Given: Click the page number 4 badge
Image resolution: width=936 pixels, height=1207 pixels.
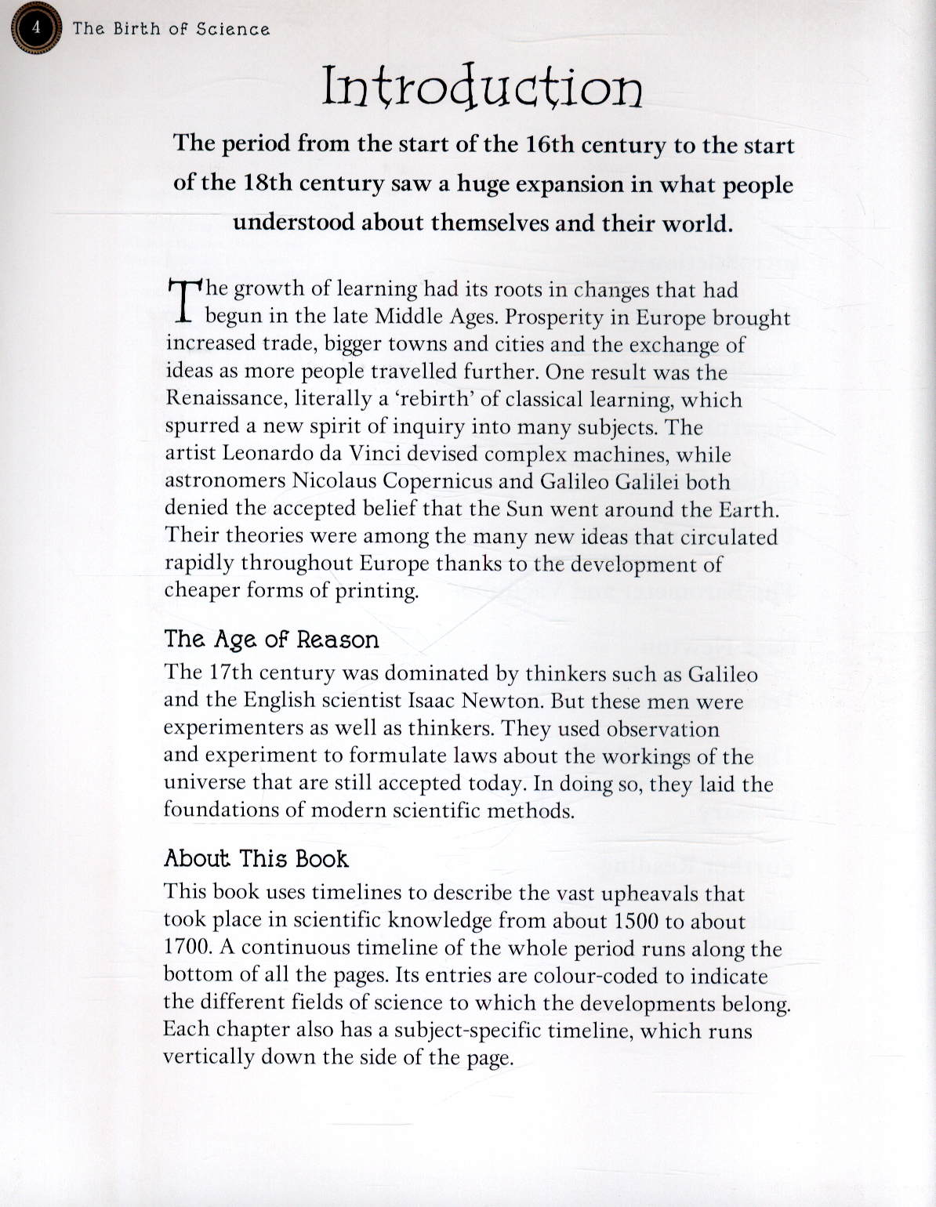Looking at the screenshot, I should coord(33,29).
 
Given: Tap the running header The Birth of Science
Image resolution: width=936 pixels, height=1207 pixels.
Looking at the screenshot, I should coord(171,29).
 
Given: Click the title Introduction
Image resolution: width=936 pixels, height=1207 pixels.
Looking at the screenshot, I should coord(482,87).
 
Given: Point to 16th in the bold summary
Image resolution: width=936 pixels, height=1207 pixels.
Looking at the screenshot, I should coord(545,145).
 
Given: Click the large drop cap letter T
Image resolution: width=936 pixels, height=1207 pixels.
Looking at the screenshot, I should coord(183,302).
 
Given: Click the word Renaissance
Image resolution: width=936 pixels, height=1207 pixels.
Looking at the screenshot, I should coord(224,398).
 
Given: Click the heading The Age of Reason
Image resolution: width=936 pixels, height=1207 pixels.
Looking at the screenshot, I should coord(271,640).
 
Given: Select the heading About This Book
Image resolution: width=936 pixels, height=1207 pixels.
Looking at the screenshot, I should coord(256,859).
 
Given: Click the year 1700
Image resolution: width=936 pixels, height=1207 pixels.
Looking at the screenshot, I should coord(187,948).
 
